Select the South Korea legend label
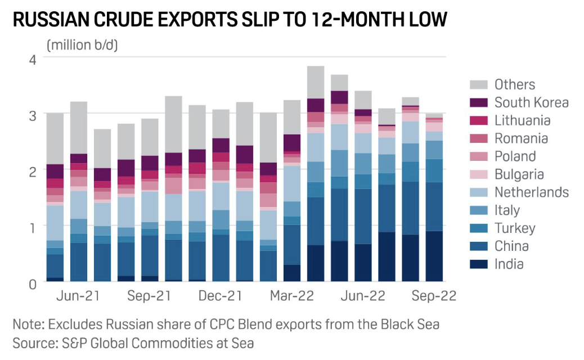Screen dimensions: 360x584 531,102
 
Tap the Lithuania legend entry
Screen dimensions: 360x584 522,120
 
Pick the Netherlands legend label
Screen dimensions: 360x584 531,192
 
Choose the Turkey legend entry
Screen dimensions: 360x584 514,228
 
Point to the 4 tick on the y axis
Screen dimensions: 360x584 33,59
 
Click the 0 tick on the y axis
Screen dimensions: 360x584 33,283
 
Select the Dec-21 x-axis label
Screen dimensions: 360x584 220,296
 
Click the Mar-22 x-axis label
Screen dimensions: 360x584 291,296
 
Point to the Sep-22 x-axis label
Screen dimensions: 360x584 434,296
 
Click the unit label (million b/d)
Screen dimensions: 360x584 82,45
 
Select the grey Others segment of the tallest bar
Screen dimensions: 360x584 316,82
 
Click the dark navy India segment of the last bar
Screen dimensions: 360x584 434,256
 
